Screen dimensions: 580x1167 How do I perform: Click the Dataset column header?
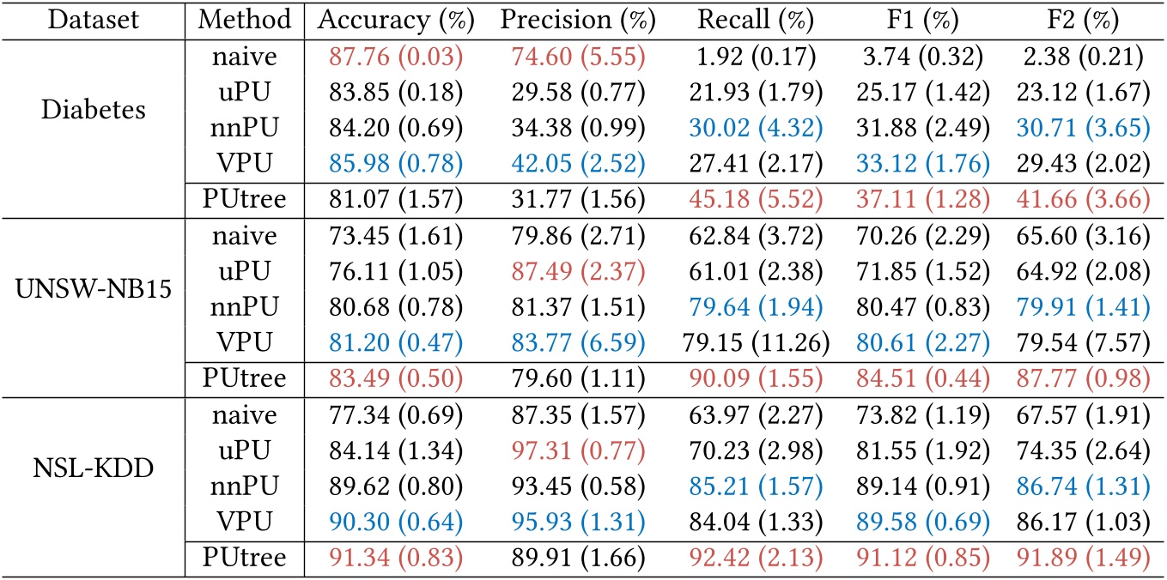pos(93,19)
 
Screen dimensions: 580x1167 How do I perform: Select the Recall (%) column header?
pos(756,19)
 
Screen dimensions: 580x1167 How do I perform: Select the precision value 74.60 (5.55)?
pos(572,57)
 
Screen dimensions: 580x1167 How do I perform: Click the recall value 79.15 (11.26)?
pos(756,343)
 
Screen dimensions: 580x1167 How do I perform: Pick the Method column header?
pos(245,19)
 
